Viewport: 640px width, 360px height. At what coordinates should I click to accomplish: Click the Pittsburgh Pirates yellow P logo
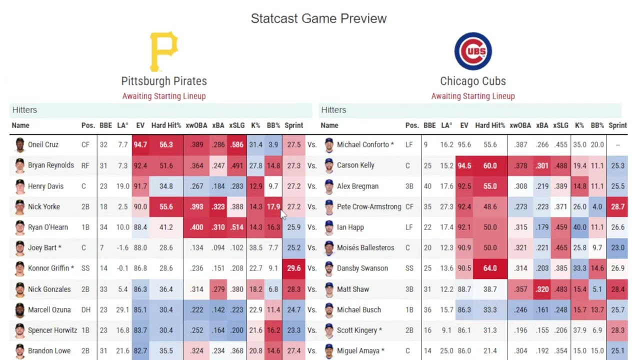pyautogui.click(x=163, y=51)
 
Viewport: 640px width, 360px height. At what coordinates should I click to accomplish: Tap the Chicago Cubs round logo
pyautogui.click(x=473, y=51)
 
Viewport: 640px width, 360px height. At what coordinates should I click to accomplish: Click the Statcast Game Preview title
pyautogui.click(x=318, y=18)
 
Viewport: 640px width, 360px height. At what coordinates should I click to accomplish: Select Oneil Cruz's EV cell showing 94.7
pyautogui.click(x=140, y=144)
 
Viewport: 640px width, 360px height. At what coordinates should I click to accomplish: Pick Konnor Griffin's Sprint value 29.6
pyautogui.click(x=294, y=268)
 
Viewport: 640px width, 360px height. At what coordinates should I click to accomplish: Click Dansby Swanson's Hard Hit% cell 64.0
pyautogui.click(x=490, y=268)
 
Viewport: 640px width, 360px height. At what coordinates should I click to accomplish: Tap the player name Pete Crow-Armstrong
pyautogui.click(x=369, y=206)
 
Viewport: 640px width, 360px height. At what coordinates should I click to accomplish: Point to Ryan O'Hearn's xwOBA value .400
pyautogui.click(x=196, y=227)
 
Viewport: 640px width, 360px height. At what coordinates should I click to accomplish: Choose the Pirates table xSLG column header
pyautogui.click(x=236, y=125)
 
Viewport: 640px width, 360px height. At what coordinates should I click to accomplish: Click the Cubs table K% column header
pyautogui.click(x=579, y=125)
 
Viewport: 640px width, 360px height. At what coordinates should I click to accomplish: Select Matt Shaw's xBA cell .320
pyautogui.click(x=542, y=289)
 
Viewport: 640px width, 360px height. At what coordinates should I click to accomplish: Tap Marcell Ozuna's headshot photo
pyautogui.click(x=19, y=310)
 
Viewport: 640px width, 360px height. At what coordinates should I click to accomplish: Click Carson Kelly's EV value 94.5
pyautogui.click(x=464, y=165)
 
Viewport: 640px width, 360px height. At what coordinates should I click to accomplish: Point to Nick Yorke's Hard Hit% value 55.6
pyautogui.click(x=166, y=206)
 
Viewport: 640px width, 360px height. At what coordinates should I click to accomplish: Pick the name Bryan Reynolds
pyautogui.click(x=50, y=165)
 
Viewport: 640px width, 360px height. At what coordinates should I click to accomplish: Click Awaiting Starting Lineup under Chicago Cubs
pyautogui.click(x=473, y=96)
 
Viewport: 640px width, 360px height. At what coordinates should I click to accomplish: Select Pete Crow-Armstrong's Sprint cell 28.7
pyautogui.click(x=617, y=206)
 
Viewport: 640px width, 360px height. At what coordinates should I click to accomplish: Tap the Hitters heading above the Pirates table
pyautogui.click(x=24, y=110)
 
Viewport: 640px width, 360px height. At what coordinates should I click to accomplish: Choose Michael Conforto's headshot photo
pyautogui.click(x=328, y=145)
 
